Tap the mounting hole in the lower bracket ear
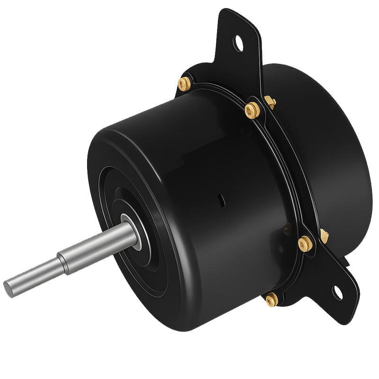pyautogui.click(x=338, y=290)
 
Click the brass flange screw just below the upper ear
pyautogui.click(x=251, y=110)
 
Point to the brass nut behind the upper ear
pyautogui.click(x=269, y=101)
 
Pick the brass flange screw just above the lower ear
pyautogui.click(x=304, y=243)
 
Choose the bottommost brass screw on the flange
pyautogui.click(x=271, y=299)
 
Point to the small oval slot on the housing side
pyautogui.click(x=221, y=199)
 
